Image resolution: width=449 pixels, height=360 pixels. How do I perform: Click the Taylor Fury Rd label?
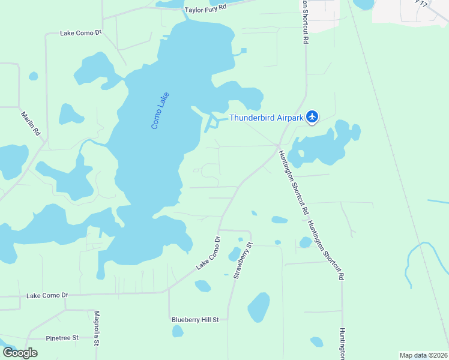(206, 10)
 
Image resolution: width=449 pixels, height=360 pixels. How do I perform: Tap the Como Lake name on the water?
(160, 110)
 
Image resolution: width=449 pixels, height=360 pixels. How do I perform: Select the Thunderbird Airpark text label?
(266, 118)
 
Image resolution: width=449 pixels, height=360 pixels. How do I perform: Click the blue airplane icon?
(312, 116)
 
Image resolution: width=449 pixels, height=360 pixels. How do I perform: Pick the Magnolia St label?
(97, 329)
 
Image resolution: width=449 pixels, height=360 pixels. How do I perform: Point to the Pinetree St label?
(59, 338)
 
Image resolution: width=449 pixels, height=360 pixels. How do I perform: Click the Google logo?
(20, 352)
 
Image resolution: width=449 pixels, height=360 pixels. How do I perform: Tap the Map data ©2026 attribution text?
(423, 355)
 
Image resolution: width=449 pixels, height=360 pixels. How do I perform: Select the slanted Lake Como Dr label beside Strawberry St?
(208, 253)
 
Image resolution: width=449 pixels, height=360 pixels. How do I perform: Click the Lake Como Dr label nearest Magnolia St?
(48, 295)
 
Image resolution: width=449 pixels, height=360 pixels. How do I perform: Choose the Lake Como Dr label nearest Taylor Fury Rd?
(82, 33)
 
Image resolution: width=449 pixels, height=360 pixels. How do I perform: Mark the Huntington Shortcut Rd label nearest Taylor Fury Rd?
(306, 21)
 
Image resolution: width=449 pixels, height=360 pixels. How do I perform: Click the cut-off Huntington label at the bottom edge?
(342, 344)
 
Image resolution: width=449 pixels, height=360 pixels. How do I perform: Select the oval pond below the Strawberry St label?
(259, 307)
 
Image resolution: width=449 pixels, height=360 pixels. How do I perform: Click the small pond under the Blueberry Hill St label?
(178, 331)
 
